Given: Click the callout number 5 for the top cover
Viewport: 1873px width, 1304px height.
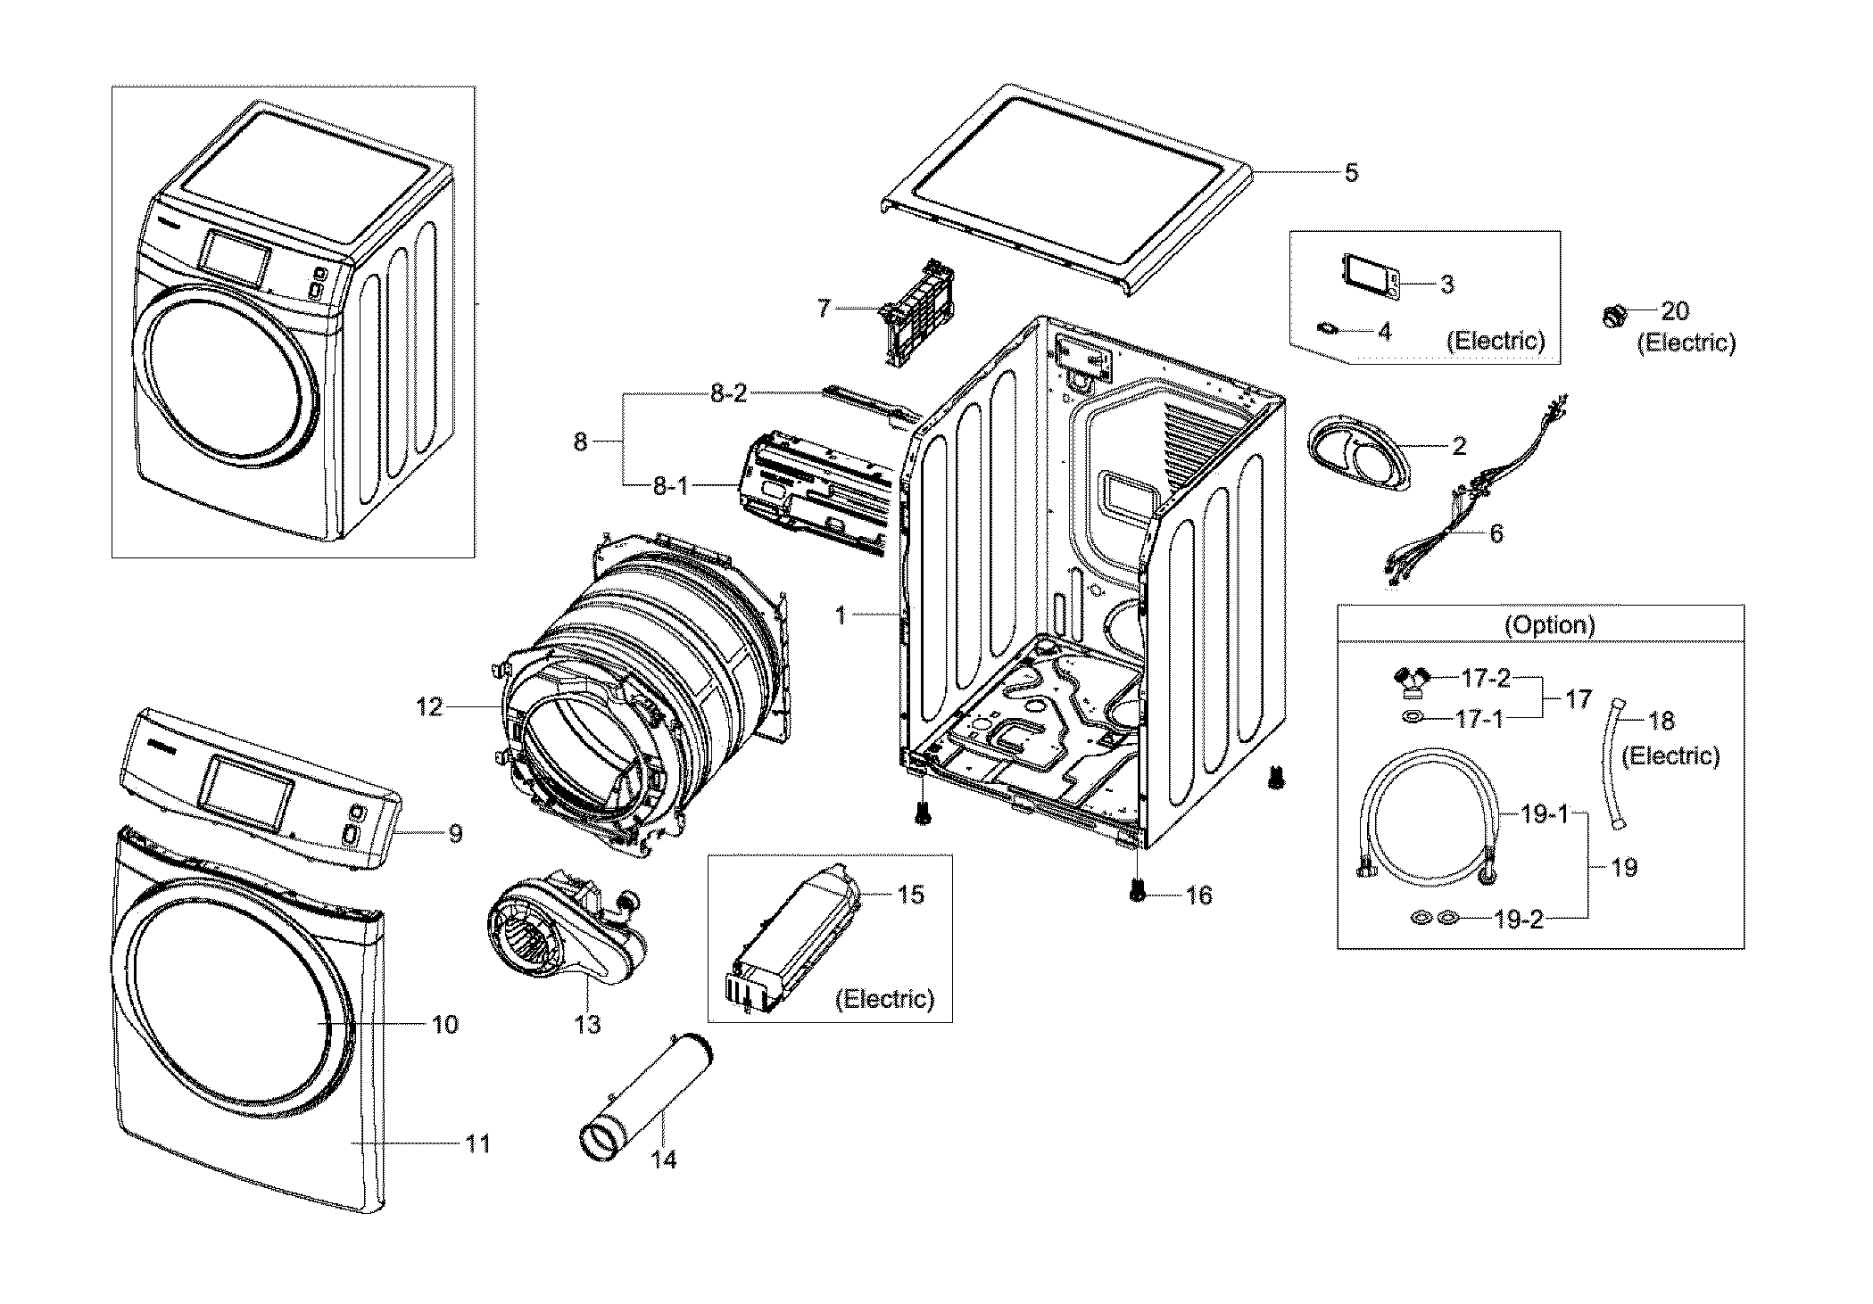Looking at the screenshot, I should [x=1351, y=173].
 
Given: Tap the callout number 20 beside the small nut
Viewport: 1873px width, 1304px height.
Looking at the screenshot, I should [x=1675, y=311].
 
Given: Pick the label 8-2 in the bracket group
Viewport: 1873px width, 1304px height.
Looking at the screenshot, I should [x=728, y=394].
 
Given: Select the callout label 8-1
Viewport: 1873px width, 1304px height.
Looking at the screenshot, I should [x=670, y=487].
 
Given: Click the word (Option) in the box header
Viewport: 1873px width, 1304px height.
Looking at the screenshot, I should [x=1549, y=625].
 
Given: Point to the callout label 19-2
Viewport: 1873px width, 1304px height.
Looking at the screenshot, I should [x=1518, y=920].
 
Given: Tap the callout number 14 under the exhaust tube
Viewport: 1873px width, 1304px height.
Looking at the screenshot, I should [x=664, y=1160].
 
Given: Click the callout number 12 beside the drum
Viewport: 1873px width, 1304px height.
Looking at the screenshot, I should [x=428, y=707].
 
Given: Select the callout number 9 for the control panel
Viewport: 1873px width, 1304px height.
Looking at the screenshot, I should [x=455, y=834].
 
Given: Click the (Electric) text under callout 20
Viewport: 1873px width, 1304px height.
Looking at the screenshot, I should [x=1686, y=343].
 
